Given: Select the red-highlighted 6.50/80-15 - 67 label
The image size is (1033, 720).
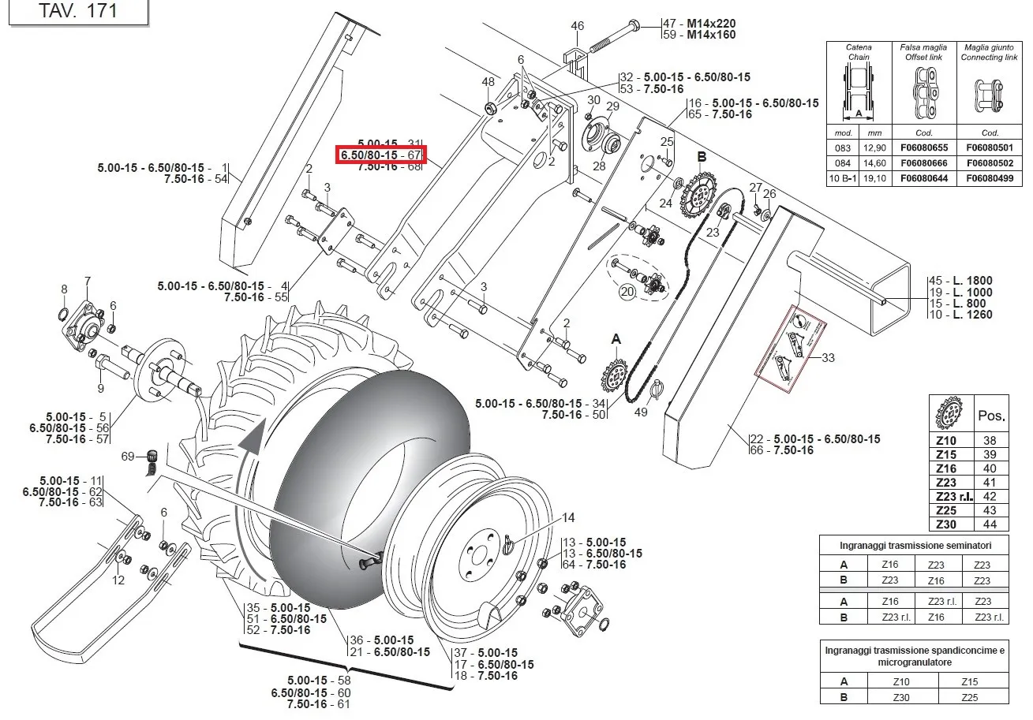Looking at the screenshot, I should point(381,155).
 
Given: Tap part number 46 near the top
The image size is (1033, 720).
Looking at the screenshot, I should point(578,26).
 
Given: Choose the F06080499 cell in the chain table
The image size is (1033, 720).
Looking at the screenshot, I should point(990,179).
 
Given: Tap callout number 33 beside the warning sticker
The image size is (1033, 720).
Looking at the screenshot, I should point(828,358).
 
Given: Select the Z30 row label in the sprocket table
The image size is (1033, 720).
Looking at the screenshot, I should point(945,524).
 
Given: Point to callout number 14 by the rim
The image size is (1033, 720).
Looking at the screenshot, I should point(568,518).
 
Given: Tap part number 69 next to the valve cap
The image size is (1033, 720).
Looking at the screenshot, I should point(127,456).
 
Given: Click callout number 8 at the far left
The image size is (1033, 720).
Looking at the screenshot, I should point(64,289).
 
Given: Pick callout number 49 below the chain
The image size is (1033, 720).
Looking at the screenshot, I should point(640,412).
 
